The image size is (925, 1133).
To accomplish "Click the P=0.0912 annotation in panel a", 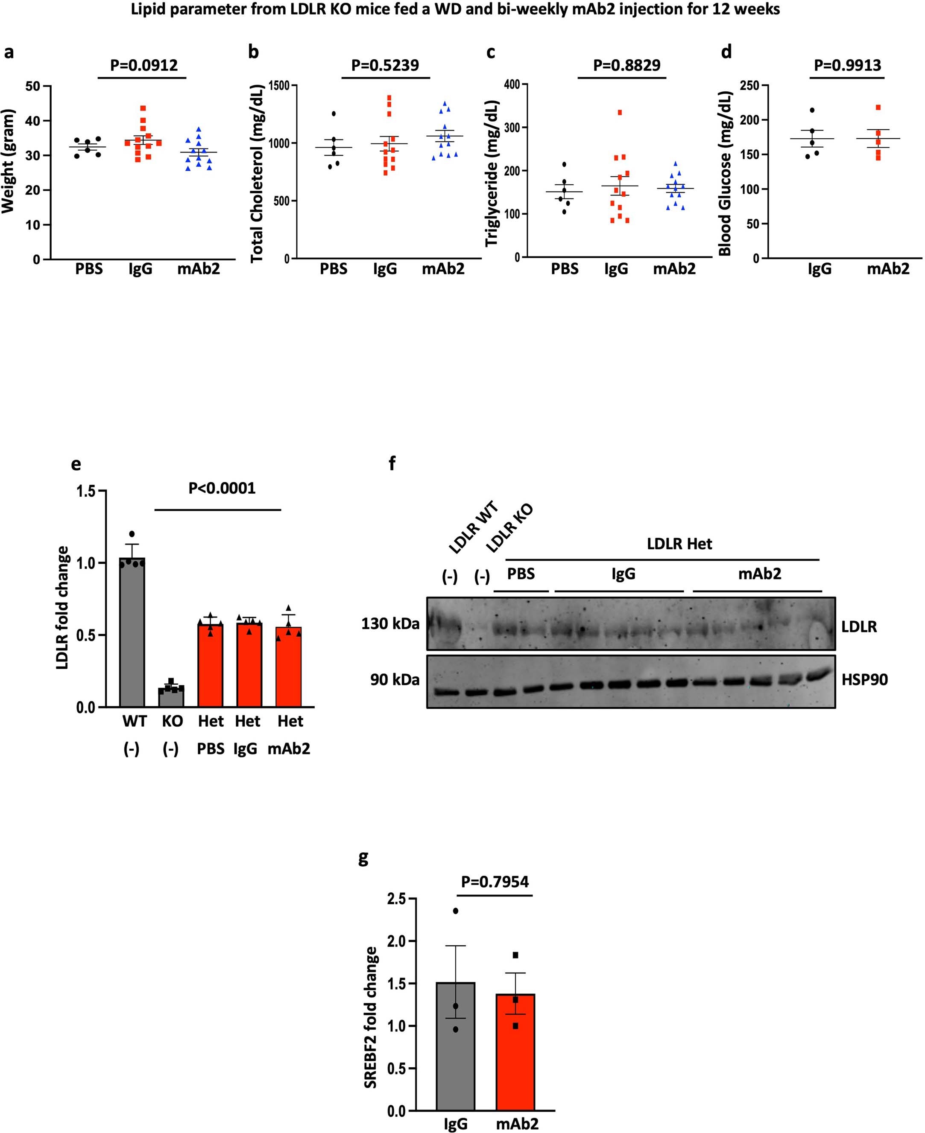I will [x=143, y=65].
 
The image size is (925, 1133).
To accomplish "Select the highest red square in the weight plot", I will [x=143, y=108].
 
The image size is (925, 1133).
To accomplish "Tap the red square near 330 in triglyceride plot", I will [x=620, y=112].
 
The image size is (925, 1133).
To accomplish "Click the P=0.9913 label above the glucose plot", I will [x=847, y=65].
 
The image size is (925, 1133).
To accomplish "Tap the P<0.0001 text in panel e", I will [x=222, y=488].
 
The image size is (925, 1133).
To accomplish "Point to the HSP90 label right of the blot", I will [x=864, y=680].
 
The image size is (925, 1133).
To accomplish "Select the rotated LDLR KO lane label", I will [x=509, y=527].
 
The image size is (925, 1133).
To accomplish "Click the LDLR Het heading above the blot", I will [x=679, y=544].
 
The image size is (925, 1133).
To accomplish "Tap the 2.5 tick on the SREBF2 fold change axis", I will [x=396, y=899].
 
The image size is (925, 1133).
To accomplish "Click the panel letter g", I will [x=363, y=858].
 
